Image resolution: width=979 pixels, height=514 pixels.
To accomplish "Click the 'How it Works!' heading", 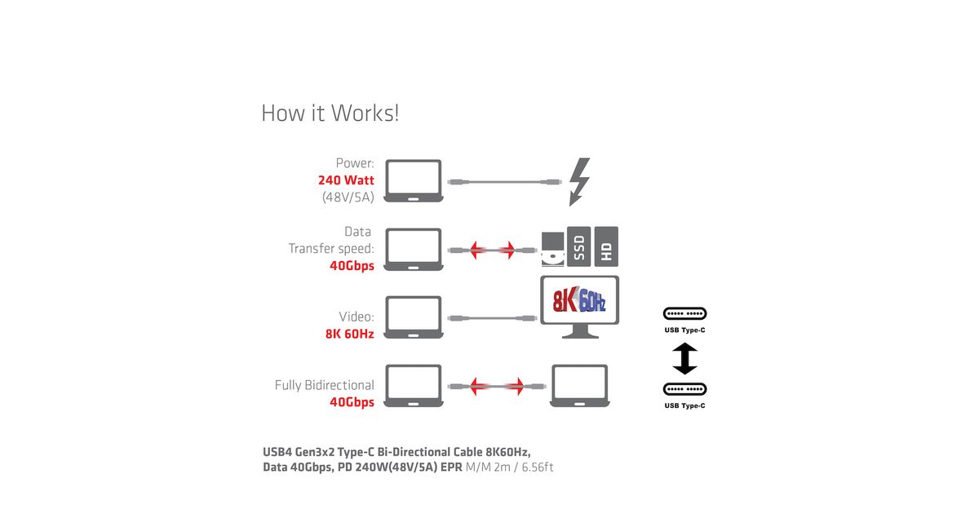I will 330,113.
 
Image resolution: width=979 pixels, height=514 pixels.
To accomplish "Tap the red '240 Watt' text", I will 346,180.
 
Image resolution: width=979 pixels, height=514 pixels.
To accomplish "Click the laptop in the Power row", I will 413,180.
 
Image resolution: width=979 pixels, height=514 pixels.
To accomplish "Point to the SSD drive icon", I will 578,246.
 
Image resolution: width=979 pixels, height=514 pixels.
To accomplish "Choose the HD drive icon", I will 606,246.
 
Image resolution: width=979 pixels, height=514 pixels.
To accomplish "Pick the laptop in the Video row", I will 413,317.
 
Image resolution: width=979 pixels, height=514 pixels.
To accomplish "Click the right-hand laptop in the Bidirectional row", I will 579,386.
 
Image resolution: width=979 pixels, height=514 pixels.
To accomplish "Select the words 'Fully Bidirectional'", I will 324,385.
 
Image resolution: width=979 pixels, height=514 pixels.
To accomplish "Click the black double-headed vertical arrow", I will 685,359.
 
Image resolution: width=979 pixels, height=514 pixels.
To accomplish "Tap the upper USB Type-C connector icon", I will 685,314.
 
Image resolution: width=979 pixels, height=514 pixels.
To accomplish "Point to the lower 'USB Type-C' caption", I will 685,405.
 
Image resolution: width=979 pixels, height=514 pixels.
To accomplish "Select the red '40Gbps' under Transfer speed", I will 352,265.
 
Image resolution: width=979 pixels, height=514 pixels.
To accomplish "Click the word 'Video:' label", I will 357,317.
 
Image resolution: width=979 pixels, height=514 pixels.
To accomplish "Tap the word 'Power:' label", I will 355,163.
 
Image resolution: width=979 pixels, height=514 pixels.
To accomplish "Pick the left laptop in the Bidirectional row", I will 413,386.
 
